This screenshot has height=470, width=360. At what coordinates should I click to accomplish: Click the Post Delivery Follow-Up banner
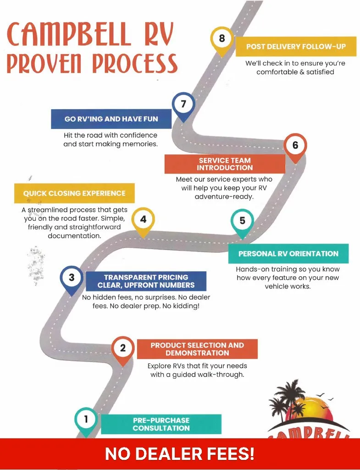[296, 46]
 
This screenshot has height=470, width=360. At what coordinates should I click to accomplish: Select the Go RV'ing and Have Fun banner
[111, 119]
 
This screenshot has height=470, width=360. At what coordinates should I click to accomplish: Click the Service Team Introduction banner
[225, 164]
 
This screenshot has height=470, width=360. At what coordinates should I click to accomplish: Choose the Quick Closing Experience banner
[74, 193]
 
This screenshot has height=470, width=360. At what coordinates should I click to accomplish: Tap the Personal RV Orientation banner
[288, 253]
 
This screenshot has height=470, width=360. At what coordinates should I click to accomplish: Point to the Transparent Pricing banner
[146, 281]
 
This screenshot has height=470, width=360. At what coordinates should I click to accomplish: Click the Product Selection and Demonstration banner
[197, 349]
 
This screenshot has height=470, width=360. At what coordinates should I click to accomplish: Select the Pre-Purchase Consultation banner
[161, 424]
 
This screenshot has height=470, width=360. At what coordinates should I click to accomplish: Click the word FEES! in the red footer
[230, 454]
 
